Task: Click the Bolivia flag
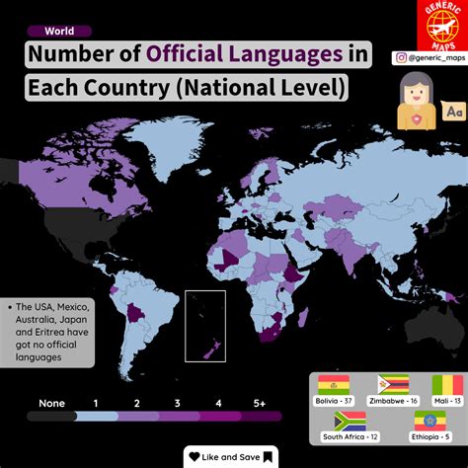pos(334,385)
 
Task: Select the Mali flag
pos(446,385)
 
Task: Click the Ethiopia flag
pos(422,422)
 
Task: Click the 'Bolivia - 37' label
pos(335,401)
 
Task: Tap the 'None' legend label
pos(52,403)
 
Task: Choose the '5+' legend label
pos(259,403)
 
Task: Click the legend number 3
pos(177,403)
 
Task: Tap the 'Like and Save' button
pos(233,457)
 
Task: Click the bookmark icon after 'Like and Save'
pos(268,457)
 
